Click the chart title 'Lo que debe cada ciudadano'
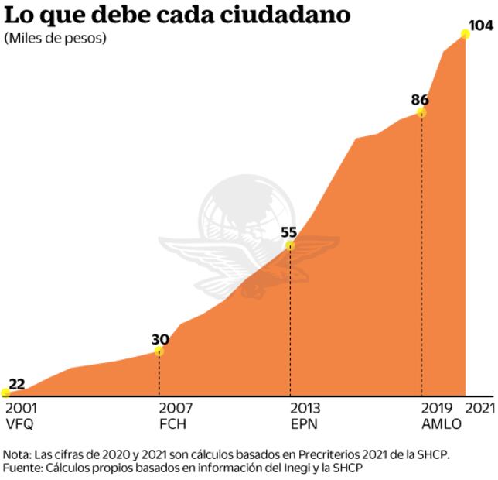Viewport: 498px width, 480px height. [x=176, y=15]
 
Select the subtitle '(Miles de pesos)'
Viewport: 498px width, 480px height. [x=56, y=38]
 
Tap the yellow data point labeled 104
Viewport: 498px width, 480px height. [x=466, y=33]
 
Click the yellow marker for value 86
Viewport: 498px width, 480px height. [x=421, y=112]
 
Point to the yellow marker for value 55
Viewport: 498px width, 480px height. [x=290, y=245]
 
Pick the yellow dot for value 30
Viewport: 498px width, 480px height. [x=159, y=351]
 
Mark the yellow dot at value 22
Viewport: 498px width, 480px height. [x=5, y=393]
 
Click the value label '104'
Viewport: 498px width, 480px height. [x=481, y=26]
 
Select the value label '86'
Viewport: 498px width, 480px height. [x=420, y=99]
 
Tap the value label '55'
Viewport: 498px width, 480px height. [x=288, y=231]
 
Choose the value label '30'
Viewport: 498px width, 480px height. [x=160, y=338]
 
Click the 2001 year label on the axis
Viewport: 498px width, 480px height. [x=21, y=408]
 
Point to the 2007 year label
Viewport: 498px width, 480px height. [x=176, y=408]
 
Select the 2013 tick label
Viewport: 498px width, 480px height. [x=306, y=408]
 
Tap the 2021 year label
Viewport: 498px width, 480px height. [x=479, y=408]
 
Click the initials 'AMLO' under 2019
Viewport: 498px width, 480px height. [x=442, y=424]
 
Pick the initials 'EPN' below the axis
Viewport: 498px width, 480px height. [x=303, y=424]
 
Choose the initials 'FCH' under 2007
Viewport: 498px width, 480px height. [x=172, y=424]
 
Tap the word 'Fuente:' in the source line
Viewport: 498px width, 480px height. [x=24, y=468]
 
